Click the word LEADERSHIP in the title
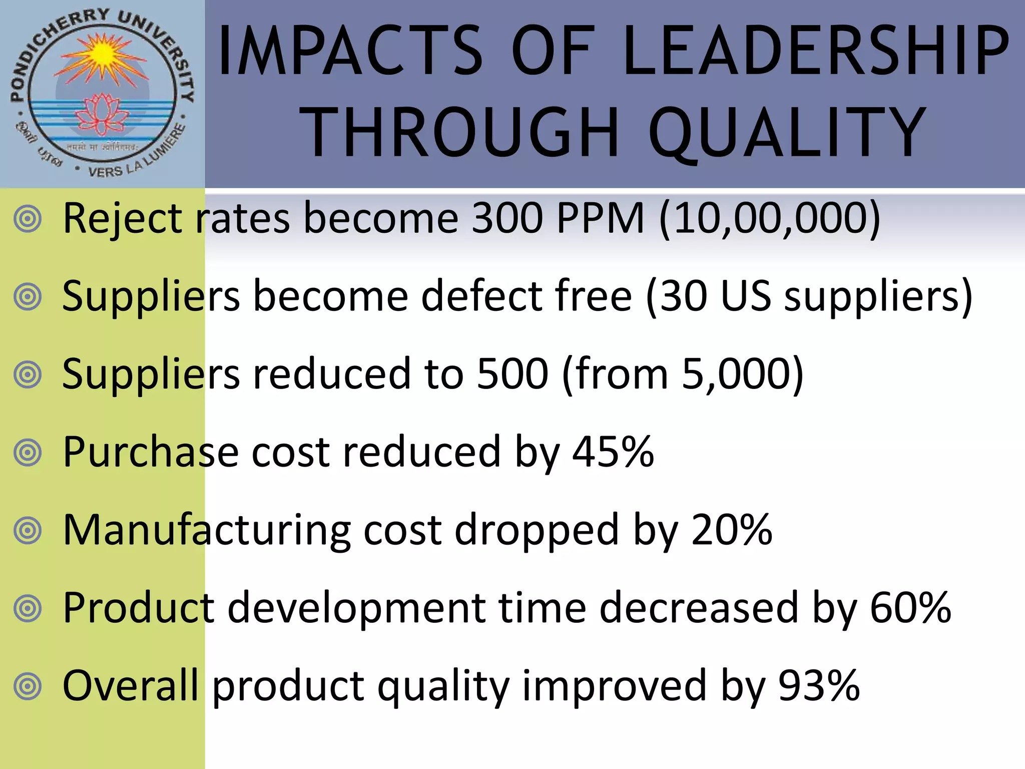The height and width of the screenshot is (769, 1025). tap(816, 51)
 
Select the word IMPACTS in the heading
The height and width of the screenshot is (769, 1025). tap(350, 51)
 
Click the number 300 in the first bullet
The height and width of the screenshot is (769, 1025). tap(507, 218)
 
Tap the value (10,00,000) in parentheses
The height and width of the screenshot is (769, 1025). tap(770, 218)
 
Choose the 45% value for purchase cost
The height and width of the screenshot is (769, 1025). tap(613, 452)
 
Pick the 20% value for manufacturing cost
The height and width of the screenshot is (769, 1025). tap(732, 530)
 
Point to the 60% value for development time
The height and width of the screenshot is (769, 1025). tap(910, 607)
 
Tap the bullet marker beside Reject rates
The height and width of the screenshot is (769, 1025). tap(28, 219)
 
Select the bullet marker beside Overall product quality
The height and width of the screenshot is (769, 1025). tap(28, 686)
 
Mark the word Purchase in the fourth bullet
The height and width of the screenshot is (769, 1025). tap(150, 452)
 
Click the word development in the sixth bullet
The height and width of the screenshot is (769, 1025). tap(357, 608)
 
